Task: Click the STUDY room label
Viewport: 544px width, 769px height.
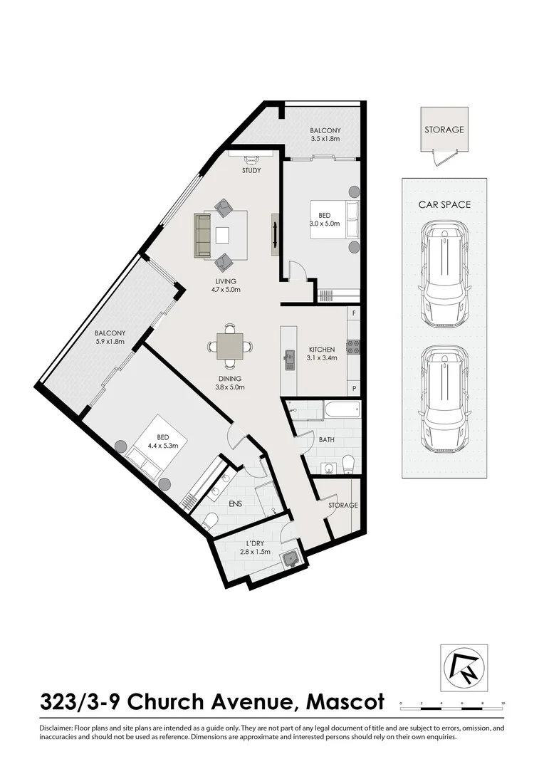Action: tap(251, 171)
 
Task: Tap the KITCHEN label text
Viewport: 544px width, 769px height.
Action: tap(321, 350)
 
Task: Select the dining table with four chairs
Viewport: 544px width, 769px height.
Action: tap(229, 347)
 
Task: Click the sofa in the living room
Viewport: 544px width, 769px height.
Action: tap(203, 235)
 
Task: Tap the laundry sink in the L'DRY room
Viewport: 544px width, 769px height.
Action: tap(289, 559)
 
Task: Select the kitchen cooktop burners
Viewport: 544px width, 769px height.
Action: tap(352, 347)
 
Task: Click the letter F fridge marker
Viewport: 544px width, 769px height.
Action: tap(354, 313)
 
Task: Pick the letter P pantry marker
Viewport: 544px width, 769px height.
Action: tap(354, 388)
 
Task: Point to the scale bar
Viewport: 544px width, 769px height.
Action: tap(452, 702)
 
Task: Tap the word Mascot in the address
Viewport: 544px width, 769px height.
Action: tap(345, 702)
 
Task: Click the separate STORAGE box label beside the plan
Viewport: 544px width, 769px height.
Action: tap(444, 130)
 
